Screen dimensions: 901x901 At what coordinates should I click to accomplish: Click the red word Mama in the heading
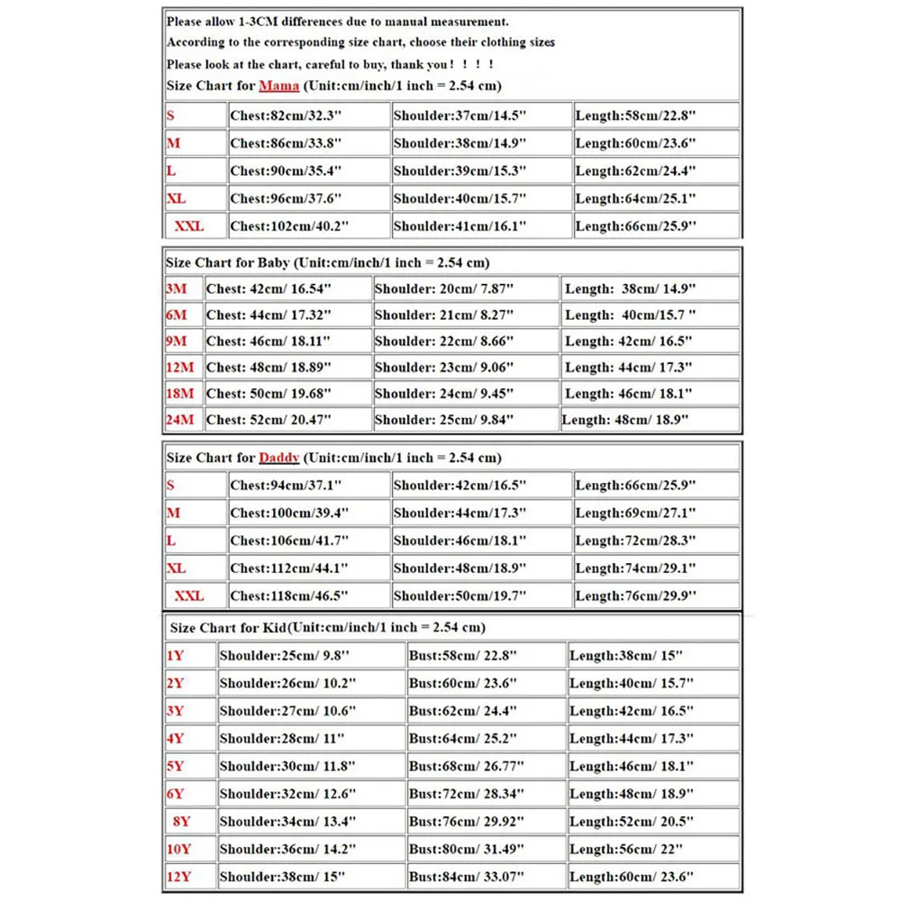[279, 86]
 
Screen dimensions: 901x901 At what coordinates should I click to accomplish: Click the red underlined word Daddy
[279, 458]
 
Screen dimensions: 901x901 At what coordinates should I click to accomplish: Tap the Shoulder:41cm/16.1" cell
[460, 226]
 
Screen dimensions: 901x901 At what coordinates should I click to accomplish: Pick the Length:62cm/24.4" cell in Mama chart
[636, 170]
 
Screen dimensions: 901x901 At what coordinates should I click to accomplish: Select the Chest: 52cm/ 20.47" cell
[268, 420]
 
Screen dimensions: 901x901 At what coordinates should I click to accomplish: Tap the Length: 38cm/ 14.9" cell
[630, 289]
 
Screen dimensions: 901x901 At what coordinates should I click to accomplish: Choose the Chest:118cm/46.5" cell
[289, 596]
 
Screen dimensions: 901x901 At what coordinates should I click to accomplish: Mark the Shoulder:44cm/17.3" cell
[460, 513]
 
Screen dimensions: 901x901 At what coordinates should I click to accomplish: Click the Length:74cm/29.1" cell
[636, 569]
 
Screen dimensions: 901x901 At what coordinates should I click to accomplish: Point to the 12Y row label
[178, 877]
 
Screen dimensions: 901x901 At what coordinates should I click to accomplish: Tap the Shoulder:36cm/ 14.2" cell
[288, 850]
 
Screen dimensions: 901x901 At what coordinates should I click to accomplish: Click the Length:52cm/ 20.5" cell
[632, 822]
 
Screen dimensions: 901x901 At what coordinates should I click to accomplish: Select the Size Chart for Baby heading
[328, 263]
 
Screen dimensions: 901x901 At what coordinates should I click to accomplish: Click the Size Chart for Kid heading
[326, 627]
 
